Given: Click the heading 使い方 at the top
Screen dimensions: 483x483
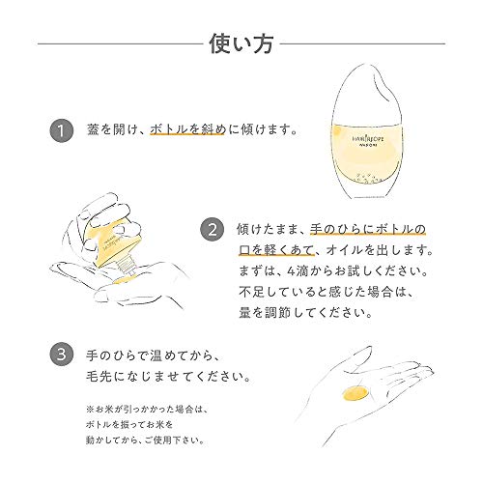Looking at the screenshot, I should (x=241, y=43).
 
